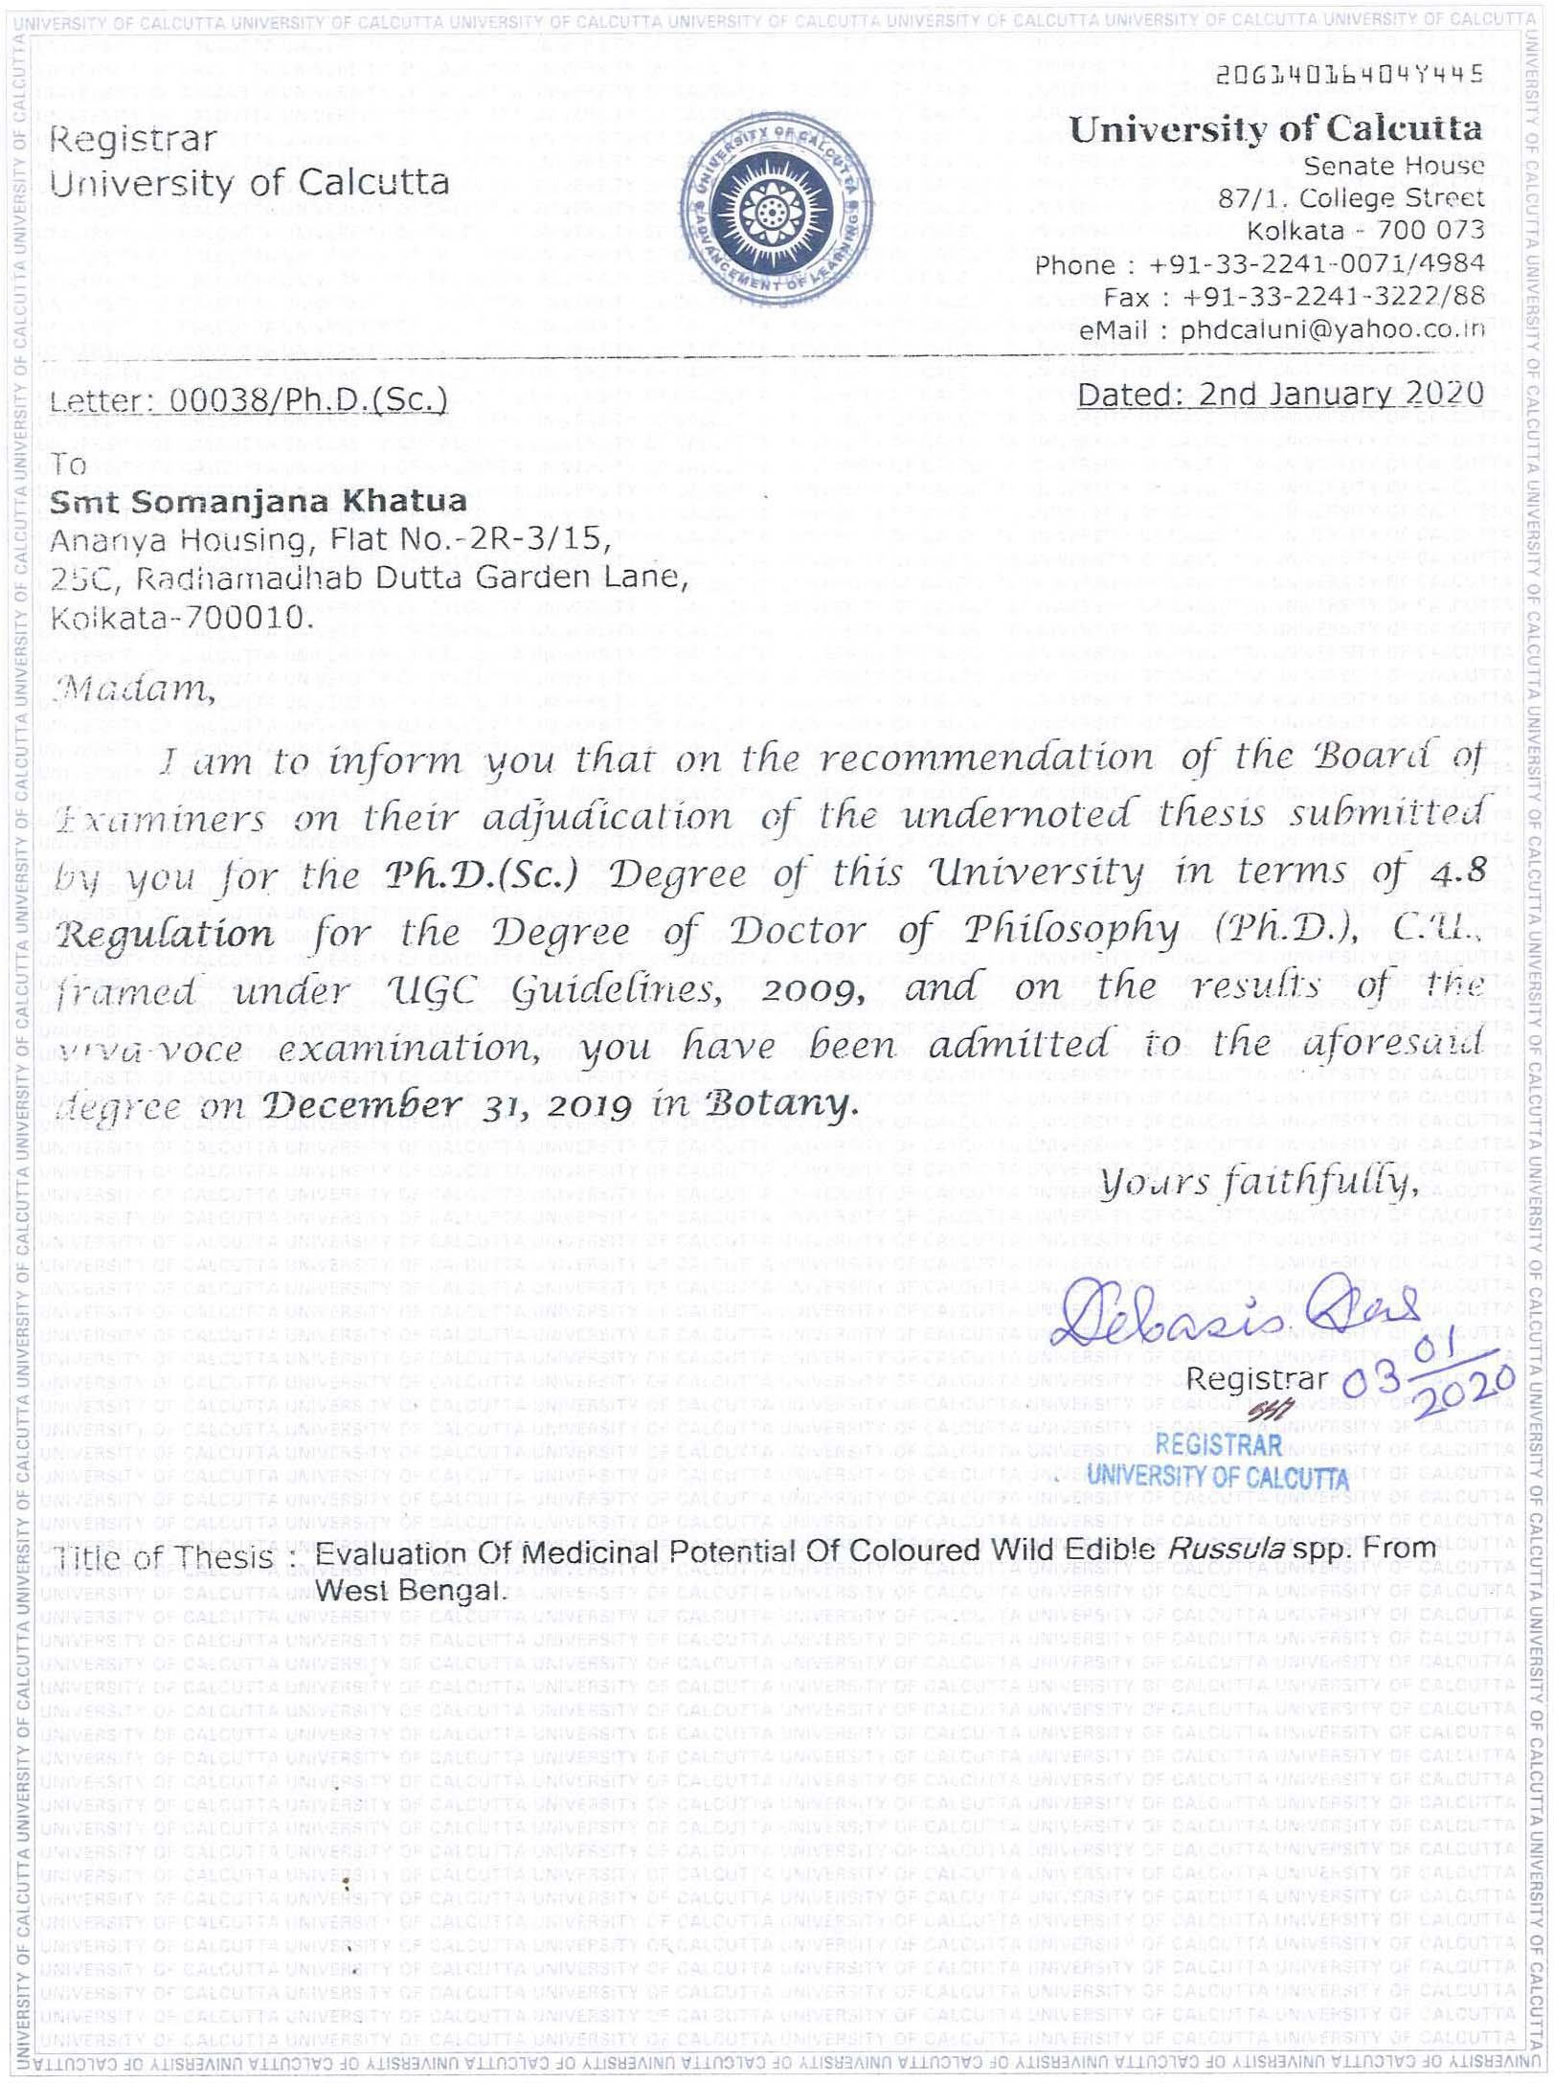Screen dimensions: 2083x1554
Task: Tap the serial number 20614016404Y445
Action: tap(1349, 75)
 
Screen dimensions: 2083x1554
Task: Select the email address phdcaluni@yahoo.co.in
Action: tap(1332, 329)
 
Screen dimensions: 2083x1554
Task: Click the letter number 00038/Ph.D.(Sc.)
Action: tap(307, 399)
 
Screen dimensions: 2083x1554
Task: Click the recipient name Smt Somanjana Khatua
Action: tap(259, 501)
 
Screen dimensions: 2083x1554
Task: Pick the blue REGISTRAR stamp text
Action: tap(1218, 1443)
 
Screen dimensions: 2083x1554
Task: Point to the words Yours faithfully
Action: tap(1258, 1186)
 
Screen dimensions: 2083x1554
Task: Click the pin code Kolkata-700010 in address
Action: tap(182, 618)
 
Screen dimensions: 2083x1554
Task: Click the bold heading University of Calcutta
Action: tap(1275, 129)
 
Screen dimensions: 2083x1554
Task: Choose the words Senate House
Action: tap(1393, 166)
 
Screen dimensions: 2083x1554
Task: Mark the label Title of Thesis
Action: tap(163, 1557)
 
